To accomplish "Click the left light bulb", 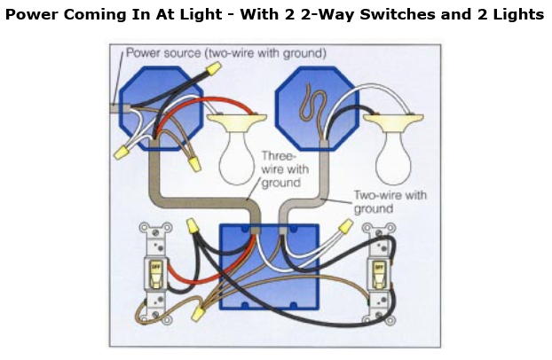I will tap(239, 149).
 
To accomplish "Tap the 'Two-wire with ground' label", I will tap(390, 201).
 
